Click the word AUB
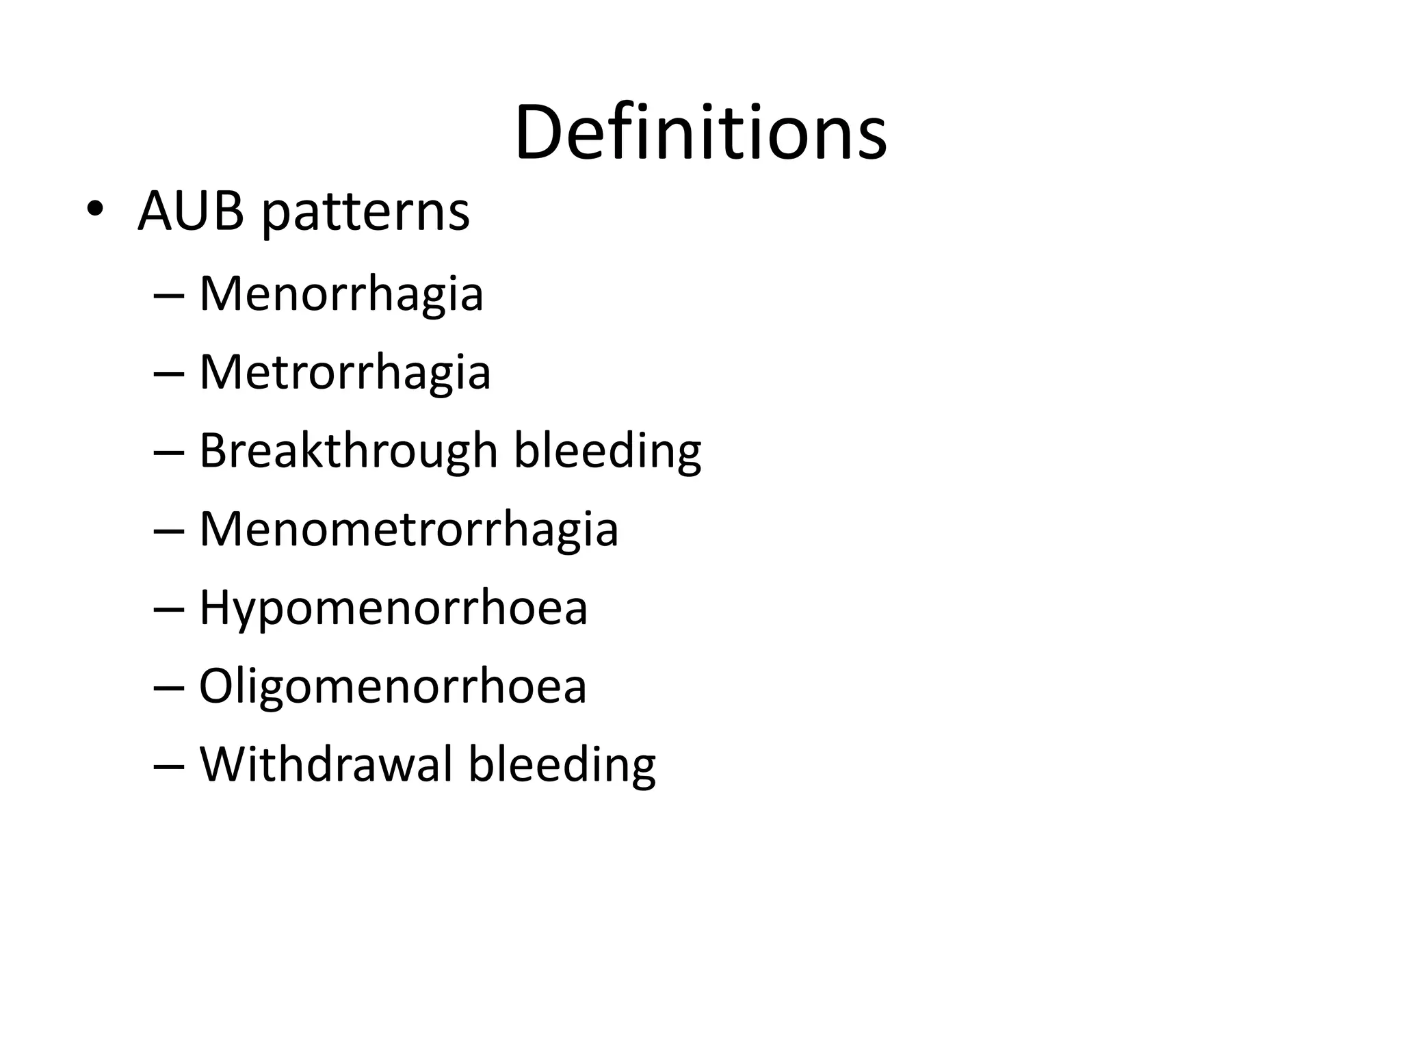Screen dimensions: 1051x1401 (x=190, y=211)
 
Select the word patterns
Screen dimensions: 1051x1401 (x=366, y=213)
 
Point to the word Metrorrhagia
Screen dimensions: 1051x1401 (x=345, y=374)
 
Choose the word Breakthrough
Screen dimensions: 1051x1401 (x=348, y=452)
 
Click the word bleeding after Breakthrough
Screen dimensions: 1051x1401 (x=607, y=453)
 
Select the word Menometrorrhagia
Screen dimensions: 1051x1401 (x=408, y=530)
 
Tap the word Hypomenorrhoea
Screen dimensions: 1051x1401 (x=393, y=609)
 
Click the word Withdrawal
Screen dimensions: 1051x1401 (x=326, y=764)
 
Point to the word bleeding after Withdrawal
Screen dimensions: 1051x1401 (x=562, y=766)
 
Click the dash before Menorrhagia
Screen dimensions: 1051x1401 (x=169, y=296)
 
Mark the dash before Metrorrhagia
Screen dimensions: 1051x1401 (x=169, y=374)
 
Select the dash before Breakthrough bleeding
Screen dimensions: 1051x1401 (x=169, y=453)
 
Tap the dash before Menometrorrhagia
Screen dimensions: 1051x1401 (x=169, y=531)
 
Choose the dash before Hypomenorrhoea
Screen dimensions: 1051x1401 (x=169, y=610)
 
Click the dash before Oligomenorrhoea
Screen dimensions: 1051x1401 (x=169, y=688)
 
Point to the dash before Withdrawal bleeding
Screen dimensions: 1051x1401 (x=169, y=766)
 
